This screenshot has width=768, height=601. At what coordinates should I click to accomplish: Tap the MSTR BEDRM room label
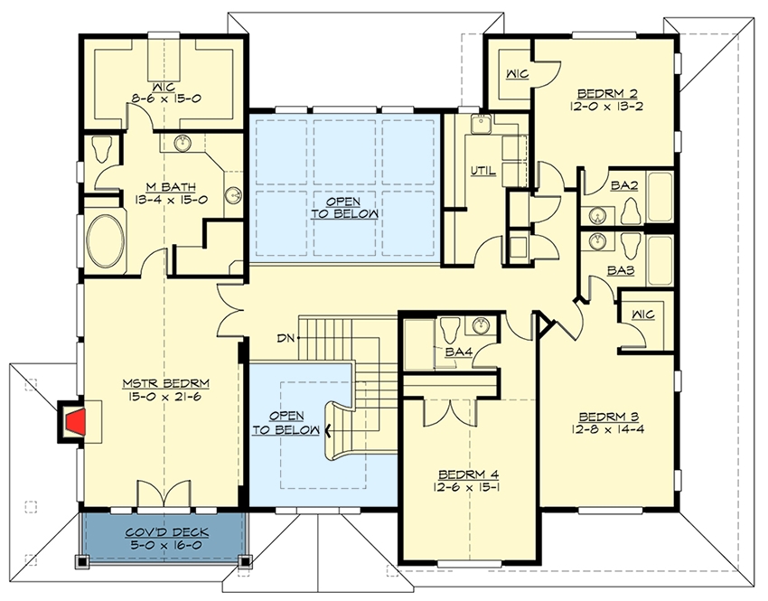coord(166,382)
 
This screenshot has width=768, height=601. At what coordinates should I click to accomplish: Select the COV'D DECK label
coord(167,532)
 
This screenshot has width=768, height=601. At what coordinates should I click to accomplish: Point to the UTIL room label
coord(483,171)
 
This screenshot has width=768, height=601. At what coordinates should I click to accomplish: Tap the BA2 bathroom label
coord(624,185)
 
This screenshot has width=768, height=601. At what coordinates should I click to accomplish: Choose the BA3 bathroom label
coord(621,270)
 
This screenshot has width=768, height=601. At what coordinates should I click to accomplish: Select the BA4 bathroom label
coord(458,352)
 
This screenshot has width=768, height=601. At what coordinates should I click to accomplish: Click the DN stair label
coord(285,338)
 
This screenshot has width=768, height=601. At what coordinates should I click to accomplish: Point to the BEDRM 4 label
coord(469,474)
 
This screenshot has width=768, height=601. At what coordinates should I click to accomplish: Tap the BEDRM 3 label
coord(608,417)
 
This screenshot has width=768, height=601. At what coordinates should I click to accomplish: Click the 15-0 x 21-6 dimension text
coord(166,396)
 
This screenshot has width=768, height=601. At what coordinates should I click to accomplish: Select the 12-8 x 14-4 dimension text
coord(607,429)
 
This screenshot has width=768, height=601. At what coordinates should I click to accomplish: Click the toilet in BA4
coord(448,330)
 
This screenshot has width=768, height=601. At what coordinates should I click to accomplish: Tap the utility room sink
coord(481,124)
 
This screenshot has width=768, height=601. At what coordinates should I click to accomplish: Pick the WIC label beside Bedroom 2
coord(517,74)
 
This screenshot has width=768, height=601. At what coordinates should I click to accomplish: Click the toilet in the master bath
coord(102,148)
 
